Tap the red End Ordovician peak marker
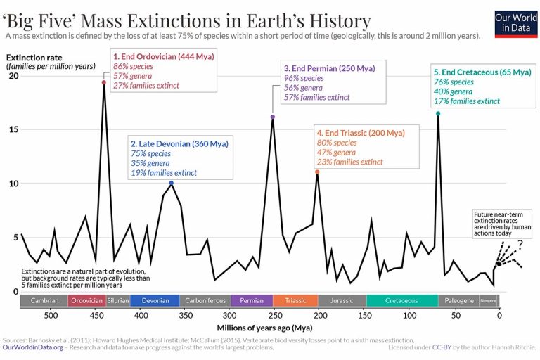(x=104, y=82)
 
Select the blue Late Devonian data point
(x=172, y=183)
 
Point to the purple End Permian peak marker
(x=272, y=117)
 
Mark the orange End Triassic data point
(x=317, y=172)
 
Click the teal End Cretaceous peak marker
(x=438, y=113)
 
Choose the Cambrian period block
(x=44, y=300)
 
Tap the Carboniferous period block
(x=205, y=300)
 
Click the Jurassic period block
(x=341, y=300)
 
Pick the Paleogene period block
(x=458, y=300)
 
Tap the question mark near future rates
(x=520, y=245)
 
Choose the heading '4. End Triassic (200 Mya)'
(x=361, y=132)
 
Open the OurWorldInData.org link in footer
(x=33, y=347)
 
